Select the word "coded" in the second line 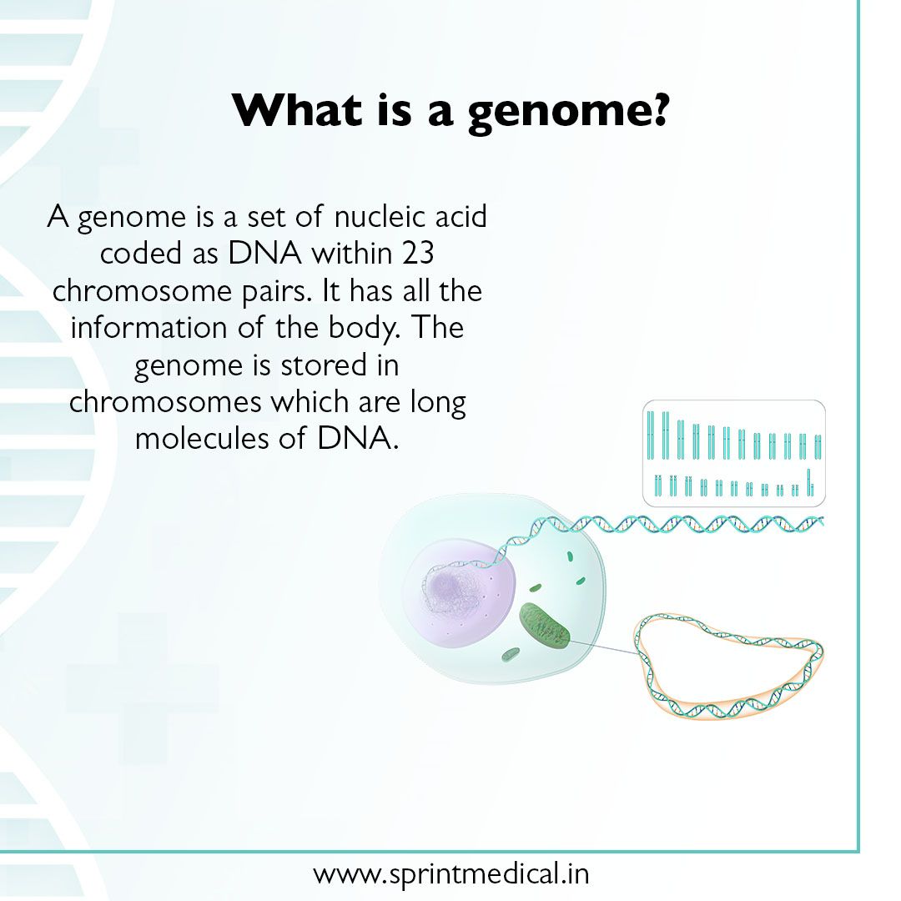[x=133, y=254]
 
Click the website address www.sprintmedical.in [x=450, y=874]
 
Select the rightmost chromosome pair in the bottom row [x=808, y=481]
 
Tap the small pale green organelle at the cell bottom [x=511, y=656]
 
